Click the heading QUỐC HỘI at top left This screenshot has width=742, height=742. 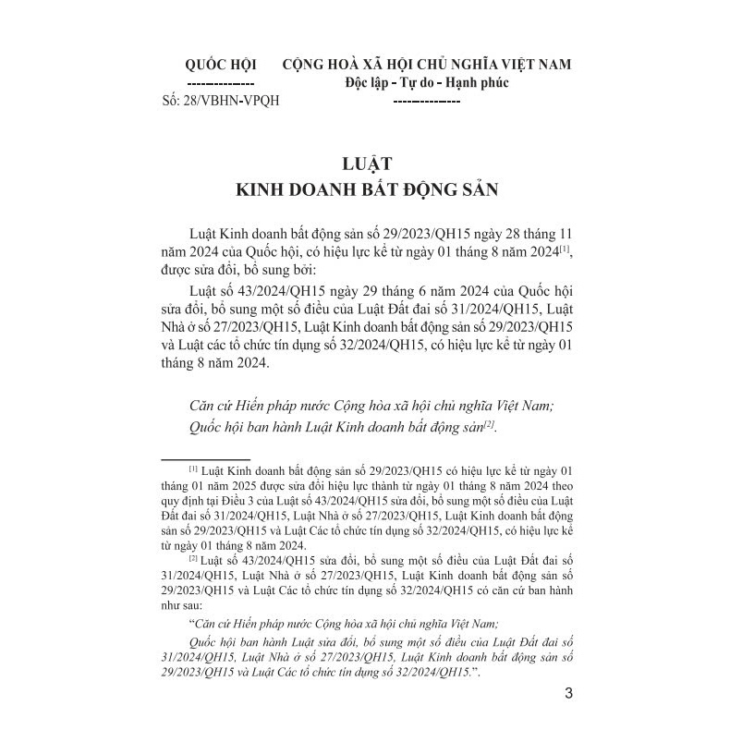221,64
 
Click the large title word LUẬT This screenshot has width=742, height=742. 369,165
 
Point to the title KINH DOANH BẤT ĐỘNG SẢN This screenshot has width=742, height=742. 369,191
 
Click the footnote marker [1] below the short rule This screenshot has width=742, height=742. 192,468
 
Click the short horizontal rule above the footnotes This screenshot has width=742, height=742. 205,456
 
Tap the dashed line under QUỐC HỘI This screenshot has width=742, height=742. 221,83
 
